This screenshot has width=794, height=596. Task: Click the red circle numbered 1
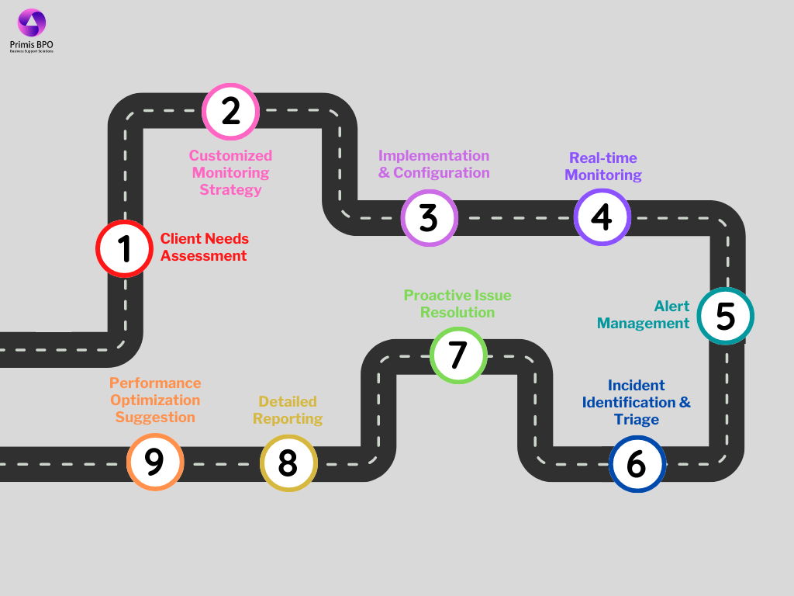click(124, 248)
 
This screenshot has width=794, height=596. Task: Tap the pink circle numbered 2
click(230, 111)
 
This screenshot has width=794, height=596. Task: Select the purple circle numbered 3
click(429, 218)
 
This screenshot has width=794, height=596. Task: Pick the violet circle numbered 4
click(602, 217)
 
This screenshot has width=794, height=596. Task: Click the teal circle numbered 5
click(725, 316)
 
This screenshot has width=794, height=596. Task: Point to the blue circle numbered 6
click(637, 464)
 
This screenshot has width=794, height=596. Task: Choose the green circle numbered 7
click(458, 355)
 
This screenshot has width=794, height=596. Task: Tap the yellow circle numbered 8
click(288, 463)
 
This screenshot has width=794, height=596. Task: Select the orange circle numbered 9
click(154, 462)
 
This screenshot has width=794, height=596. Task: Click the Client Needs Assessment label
click(204, 247)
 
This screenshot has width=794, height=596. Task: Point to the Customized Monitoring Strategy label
click(230, 172)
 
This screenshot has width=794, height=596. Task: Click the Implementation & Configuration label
click(433, 164)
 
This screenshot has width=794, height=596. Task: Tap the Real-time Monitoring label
click(602, 167)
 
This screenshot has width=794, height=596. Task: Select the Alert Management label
click(644, 314)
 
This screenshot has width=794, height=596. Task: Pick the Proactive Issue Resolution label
click(457, 303)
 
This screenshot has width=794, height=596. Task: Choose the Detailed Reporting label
click(288, 410)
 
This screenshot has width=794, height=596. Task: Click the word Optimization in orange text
click(155, 400)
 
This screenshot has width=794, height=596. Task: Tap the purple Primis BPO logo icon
click(32, 23)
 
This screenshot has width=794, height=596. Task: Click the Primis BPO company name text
click(32, 44)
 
